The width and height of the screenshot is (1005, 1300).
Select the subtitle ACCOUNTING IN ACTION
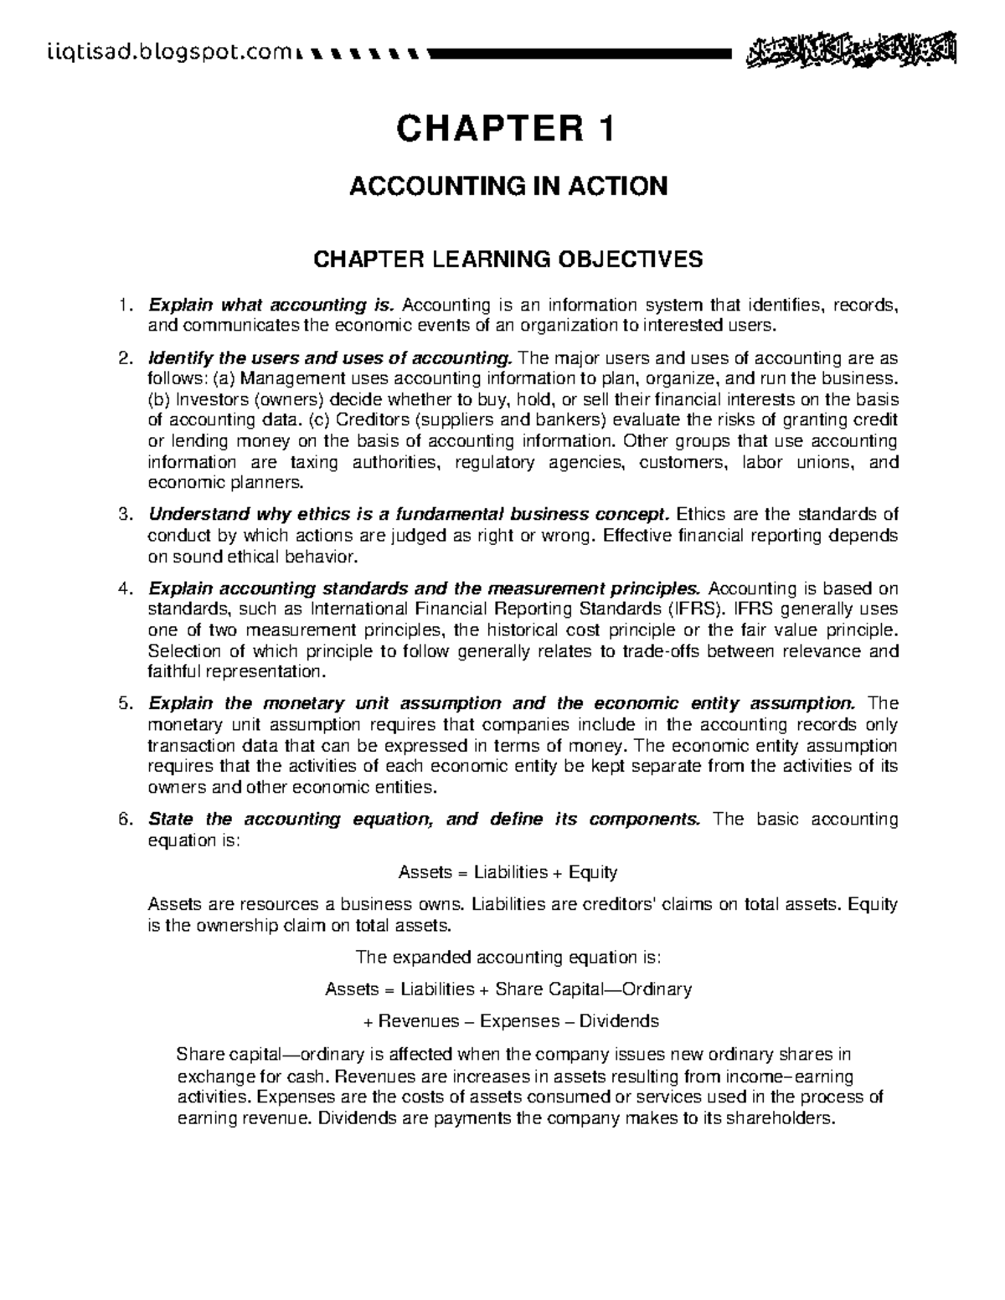tap(508, 185)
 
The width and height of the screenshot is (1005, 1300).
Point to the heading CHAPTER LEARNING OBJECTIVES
tap(508, 259)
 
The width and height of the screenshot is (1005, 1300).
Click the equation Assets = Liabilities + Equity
tap(508, 872)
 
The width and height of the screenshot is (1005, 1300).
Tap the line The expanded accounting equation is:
tap(508, 957)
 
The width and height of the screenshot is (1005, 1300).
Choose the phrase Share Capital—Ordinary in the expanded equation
tap(594, 989)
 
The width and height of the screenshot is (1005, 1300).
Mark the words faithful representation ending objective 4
tap(234, 672)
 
